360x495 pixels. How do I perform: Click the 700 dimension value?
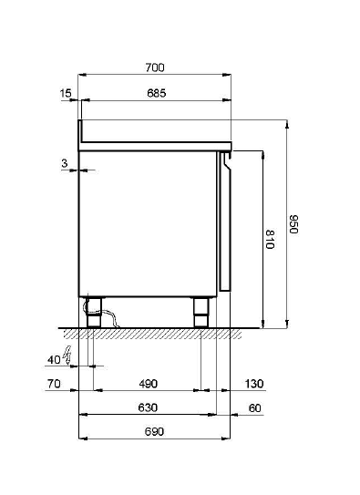(x=155, y=67)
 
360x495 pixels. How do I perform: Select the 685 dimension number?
(x=157, y=93)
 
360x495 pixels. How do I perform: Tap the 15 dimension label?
(x=66, y=93)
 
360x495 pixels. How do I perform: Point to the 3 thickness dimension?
(x=65, y=163)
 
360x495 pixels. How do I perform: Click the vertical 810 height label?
(x=270, y=239)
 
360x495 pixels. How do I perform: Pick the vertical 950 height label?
(x=293, y=224)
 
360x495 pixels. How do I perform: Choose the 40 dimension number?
(x=54, y=359)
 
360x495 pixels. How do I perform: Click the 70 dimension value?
(x=54, y=384)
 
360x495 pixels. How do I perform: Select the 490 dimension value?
(x=148, y=384)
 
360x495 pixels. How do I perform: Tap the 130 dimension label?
(x=254, y=384)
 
